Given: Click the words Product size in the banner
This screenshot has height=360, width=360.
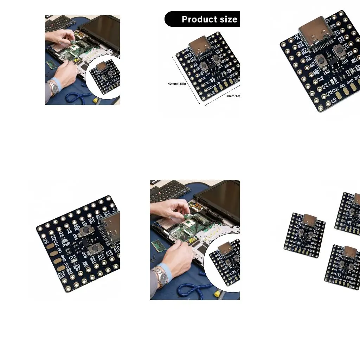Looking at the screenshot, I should click(209, 19).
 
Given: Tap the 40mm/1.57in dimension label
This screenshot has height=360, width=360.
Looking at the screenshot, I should click(176, 84).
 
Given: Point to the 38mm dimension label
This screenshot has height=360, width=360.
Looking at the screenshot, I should click(232, 96).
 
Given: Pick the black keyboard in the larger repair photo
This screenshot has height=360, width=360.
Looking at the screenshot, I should click(169, 192).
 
